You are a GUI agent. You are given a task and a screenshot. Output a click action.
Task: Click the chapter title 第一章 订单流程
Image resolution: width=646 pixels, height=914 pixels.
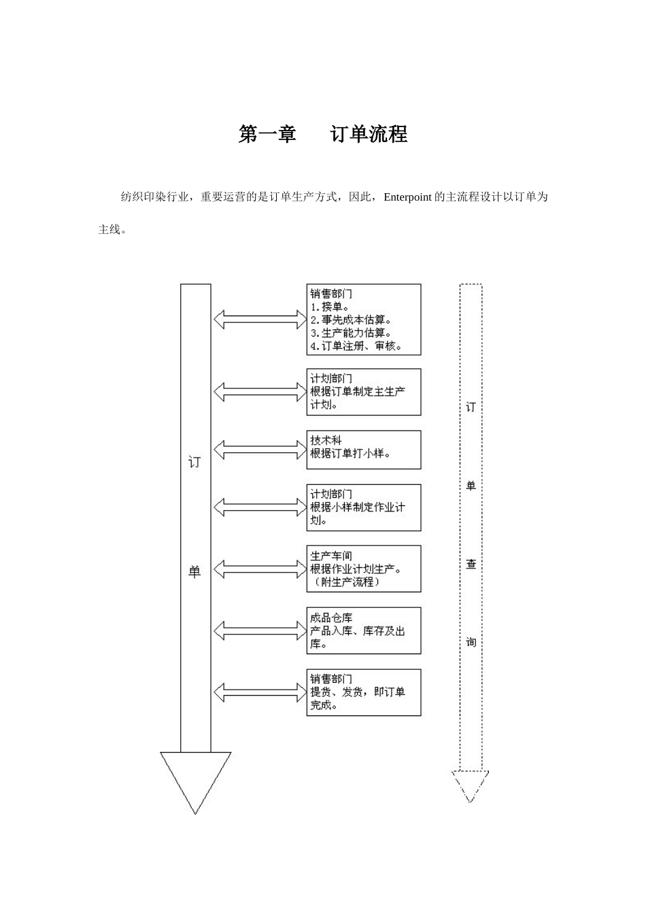tap(323, 134)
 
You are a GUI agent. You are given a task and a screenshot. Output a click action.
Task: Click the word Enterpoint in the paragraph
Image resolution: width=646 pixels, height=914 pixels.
tap(407, 197)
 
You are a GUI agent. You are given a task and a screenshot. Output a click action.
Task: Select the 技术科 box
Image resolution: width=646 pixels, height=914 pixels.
tap(363, 450)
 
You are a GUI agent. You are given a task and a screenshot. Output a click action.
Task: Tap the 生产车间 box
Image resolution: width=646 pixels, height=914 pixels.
tap(363, 569)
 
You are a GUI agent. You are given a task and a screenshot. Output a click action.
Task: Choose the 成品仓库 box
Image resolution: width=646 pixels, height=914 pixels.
tap(363, 630)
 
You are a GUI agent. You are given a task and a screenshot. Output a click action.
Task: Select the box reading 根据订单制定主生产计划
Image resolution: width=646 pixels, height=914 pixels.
tap(363, 392)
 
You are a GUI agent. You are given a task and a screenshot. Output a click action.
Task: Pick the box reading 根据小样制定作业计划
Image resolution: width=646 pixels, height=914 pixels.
tap(363, 507)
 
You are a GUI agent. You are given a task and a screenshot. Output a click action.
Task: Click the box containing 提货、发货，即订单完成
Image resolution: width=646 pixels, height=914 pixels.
tap(363, 692)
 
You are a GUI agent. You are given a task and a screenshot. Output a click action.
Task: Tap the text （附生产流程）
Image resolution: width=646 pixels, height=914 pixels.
tap(345, 582)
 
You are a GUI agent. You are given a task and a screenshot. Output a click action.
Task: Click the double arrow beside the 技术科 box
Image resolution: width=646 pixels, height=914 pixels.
tap(260, 450)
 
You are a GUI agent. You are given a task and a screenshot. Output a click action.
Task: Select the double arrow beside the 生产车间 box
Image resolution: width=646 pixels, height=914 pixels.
tap(260, 569)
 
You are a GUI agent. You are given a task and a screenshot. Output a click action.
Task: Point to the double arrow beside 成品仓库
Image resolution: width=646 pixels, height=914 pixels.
tap(260, 630)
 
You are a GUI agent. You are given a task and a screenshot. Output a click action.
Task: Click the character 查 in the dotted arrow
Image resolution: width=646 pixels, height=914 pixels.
tap(471, 564)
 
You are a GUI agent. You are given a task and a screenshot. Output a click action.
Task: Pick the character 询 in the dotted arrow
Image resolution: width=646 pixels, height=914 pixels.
tap(471, 642)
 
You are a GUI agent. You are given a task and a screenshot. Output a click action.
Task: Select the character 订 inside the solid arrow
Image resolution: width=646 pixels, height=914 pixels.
tap(194, 463)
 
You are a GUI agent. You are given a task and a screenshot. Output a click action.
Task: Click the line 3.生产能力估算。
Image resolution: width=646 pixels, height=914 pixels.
tap(351, 333)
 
